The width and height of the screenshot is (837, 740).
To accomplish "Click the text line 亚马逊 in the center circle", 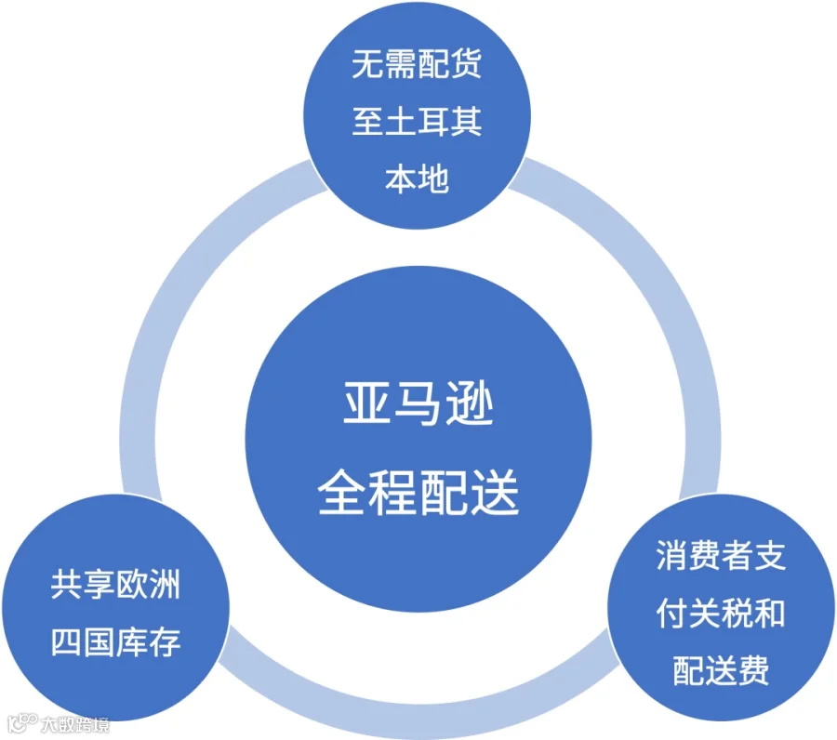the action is pyautogui.click(x=418, y=403).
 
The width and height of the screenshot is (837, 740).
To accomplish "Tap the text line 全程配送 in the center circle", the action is pyautogui.click(x=418, y=492).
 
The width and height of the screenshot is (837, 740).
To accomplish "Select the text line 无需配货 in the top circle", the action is pyautogui.click(x=417, y=64).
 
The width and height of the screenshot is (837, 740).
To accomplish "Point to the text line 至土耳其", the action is pyautogui.click(x=417, y=122).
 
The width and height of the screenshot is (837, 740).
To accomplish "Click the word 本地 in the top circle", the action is pyautogui.click(x=417, y=178).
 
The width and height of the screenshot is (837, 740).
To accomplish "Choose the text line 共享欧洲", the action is pyautogui.click(x=115, y=584).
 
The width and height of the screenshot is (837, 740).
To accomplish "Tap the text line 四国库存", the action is pyautogui.click(x=115, y=641).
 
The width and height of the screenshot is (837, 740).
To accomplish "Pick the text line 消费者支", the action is pyautogui.click(x=721, y=555).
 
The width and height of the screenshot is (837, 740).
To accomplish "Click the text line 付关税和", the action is pyautogui.click(x=721, y=613).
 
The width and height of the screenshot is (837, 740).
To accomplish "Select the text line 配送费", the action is pyautogui.click(x=721, y=670).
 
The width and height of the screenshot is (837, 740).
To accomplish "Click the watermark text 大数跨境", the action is pyautogui.click(x=75, y=724).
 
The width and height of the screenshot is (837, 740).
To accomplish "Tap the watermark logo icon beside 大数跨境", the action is pyautogui.click(x=22, y=723).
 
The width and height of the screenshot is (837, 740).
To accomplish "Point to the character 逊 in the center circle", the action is pyautogui.click(x=470, y=403).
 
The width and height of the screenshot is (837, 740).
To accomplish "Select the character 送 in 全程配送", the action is pyautogui.click(x=496, y=492).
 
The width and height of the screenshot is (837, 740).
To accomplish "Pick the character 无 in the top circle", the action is pyautogui.click(x=368, y=64).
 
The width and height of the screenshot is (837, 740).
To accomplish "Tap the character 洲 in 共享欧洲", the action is pyautogui.click(x=165, y=584).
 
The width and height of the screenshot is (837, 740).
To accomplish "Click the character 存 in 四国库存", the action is pyautogui.click(x=165, y=641).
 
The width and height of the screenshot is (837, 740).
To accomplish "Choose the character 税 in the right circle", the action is pyautogui.click(x=737, y=613).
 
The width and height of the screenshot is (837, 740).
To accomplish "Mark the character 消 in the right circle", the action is pyautogui.click(x=672, y=555).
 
